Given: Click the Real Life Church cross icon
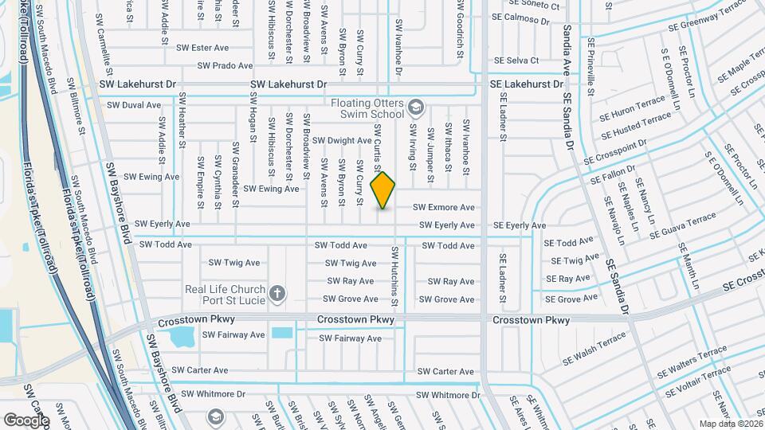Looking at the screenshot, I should pos(277,294).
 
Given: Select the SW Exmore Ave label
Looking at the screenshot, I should pos(443,207).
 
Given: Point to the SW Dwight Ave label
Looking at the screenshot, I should pos(342,140).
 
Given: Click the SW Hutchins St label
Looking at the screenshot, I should pos(394,276).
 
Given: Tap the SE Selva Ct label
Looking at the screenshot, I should pos(516,60).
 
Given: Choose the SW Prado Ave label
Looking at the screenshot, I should pos(225,65).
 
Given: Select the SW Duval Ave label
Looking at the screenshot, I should pos(134,104).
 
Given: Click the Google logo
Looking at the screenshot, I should pos(26,420).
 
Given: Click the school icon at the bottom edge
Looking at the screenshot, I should pos(215,417).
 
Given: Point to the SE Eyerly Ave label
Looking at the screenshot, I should pos(520,225).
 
